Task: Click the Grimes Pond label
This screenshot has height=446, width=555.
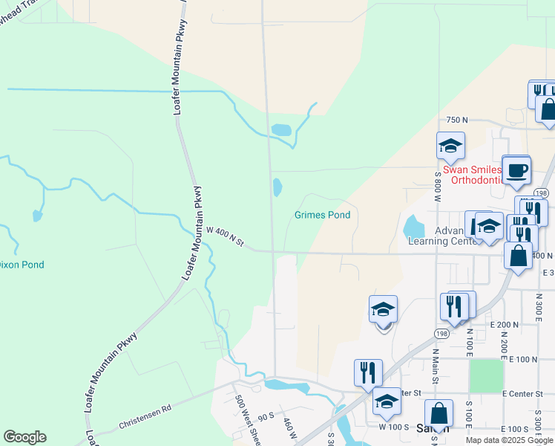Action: pyautogui.click(x=322, y=216)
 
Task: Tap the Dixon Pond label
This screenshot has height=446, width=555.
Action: pyautogui.click(x=21, y=265)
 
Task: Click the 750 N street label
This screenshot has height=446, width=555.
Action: pyautogui.click(x=457, y=120)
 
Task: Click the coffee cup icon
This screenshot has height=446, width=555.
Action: pyautogui.click(x=516, y=170)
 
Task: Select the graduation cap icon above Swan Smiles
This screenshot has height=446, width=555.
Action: pyautogui.click(x=450, y=146)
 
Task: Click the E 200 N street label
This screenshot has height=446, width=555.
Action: pyautogui.click(x=505, y=325)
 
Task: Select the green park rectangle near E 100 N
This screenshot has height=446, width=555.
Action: pyautogui.click(x=486, y=375)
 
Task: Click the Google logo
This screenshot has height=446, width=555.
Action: pyautogui.click(x=24, y=437)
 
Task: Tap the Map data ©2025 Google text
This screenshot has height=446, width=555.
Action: pyautogui.click(x=509, y=440)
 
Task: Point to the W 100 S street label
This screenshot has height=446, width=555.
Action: pyautogui.click(x=394, y=427)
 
